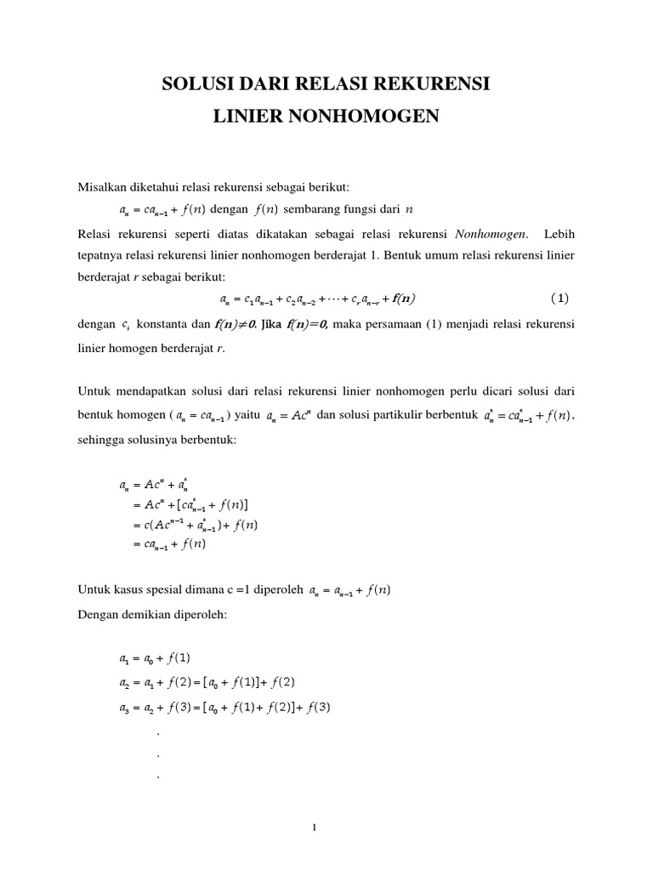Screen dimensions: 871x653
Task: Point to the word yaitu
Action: (x=246, y=415)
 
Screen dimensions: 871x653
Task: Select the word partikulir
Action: (x=400, y=415)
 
